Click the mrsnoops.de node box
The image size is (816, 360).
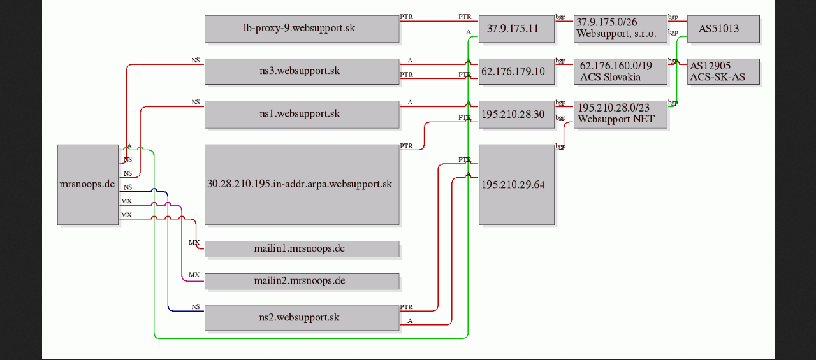tap(88, 185)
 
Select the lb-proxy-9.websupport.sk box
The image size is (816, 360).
tap(302, 29)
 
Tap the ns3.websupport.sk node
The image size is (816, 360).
tap(302, 72)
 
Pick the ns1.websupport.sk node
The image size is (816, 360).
tap(302, 114)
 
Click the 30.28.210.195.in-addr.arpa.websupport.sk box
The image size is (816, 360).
tap(302, 185)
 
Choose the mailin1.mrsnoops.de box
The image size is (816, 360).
tap(302, 249)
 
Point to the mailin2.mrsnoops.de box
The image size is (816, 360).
tap(302, 281)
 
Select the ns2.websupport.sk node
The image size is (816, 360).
tap(302, 318)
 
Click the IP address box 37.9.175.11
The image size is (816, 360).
tap(516, 29)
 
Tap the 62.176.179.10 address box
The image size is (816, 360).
tap(516, 72)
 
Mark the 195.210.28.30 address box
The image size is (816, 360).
tap(516, 114)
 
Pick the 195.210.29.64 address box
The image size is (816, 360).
tap(516, 185)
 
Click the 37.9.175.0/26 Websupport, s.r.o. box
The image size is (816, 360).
tap(620, 29)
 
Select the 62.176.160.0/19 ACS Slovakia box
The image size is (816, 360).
tap(620, 72)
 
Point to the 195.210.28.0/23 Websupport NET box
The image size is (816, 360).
tap(620, 114)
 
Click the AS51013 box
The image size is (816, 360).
tap(724, 29)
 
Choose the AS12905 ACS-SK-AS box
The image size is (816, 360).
tap(724, 72)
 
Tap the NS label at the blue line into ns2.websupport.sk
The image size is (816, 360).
tap(196, 307)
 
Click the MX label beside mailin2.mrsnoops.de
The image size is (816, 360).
tap(194, 275)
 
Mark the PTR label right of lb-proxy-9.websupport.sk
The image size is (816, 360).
tap(407, 17)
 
